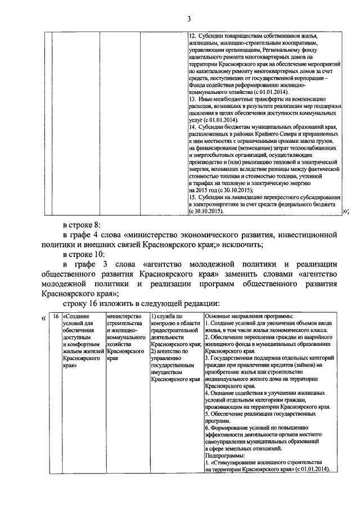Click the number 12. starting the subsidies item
192,35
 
